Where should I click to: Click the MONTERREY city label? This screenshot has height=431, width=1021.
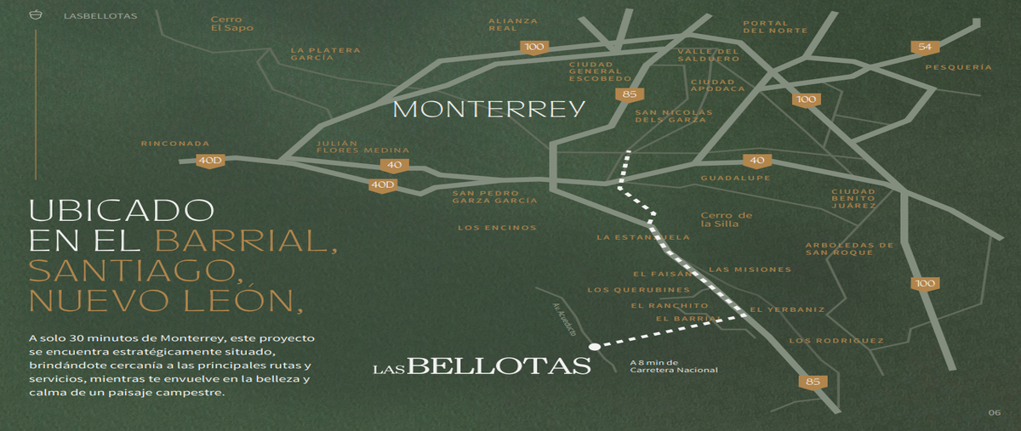pyautogui.click(x=488, y=110)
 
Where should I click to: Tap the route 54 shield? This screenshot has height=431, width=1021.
pyautogui.click(x=924, y=48)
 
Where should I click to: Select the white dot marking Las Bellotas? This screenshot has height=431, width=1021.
pyautogui.click(x=595, y=347)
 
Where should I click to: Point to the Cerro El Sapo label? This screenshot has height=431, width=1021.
pyautogui.click(x=232, y=24)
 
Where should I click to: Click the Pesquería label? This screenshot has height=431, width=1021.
pyautogui.click(x=958, y=67)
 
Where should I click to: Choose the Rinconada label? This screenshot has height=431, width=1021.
pyautogui.click(x=175, y=144)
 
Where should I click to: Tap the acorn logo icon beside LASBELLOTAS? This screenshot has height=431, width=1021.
pyautogui.click(x=36, y=15)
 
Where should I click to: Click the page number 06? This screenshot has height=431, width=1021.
pyautogui.click(x=995, y=412)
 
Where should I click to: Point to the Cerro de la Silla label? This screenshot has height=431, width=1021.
pyautogui.click(x=726, y=219)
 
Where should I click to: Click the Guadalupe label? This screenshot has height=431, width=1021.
pyautogui.click(x=735, y=179)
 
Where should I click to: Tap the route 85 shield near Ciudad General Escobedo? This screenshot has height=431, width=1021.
pyautogui.click(x=630, y=94)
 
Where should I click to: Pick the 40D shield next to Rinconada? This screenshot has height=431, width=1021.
pyautogui.click(x=210, y=161)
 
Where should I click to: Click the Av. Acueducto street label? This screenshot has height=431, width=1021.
pyautogui.click(x=564, y=319)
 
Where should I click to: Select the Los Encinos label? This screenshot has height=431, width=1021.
pyautogui.click(x=497, y=228)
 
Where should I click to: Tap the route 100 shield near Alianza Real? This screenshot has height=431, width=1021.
pyautogui.click(x=534, y=48)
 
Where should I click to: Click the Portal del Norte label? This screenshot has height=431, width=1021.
pyautogui.click(x=775, y=27)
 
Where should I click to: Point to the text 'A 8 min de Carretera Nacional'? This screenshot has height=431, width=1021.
pyautogui.click(x=674, y=366)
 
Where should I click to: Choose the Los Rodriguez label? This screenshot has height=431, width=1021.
pyautogui.click(x=836, y=341)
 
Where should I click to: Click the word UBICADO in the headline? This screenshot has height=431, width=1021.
pyautogui.click(x=121, y=210)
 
